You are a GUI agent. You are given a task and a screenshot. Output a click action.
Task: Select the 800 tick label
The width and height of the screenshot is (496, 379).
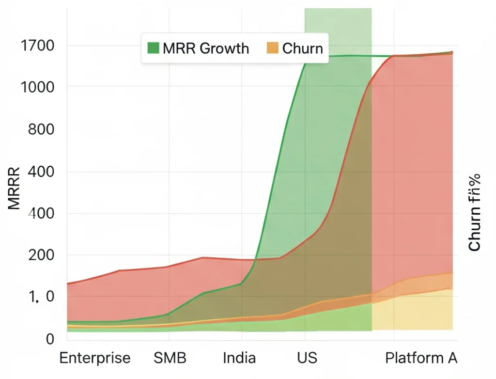click(41, 129)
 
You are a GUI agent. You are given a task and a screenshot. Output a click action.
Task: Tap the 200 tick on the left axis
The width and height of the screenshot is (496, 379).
click(41, 255)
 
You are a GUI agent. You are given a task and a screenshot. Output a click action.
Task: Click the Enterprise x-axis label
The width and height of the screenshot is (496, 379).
click(95, 358)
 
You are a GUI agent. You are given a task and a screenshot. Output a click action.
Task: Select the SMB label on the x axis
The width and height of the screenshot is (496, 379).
click(170, 358)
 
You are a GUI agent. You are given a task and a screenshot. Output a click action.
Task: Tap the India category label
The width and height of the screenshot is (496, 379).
click(239, 358)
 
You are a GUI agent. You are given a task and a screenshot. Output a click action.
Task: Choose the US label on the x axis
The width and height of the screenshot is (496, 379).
click(307, 358)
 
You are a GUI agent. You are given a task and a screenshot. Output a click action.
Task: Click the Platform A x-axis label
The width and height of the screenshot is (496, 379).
click(421, 358)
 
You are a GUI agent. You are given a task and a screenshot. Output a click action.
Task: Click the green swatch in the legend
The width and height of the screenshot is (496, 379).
click(153, 48)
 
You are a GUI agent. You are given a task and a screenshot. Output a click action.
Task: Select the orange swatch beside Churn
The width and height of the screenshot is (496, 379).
click(273, 48)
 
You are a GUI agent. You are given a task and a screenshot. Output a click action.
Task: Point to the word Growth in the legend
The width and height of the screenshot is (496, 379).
click(225, 48)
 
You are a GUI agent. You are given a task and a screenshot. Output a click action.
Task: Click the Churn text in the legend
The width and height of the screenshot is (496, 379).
click(302, 48)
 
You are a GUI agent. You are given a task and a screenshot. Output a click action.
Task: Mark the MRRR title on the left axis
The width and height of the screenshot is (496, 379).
click(15, 188)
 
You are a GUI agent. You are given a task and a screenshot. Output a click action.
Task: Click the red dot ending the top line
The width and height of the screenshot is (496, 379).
click(451, 52)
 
